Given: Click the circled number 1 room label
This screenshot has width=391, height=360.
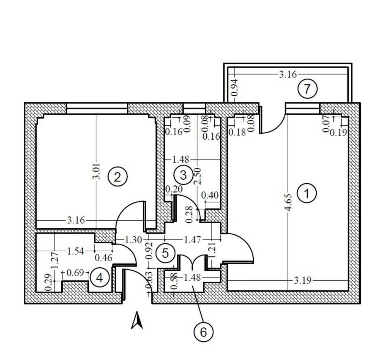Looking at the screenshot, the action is point(307,193).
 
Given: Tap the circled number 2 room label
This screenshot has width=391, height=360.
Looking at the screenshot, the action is point(117,177).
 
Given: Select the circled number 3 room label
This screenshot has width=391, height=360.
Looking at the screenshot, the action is point(183,175).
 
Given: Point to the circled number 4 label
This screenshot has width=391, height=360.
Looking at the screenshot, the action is point(100,278).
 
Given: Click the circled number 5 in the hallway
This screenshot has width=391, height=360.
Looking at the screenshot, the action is point(165,253).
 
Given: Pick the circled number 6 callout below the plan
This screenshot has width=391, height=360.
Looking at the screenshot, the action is point(203,332).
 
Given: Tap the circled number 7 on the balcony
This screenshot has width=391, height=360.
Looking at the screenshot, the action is point(307,89).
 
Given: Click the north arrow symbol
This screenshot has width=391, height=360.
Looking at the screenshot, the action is point(137,320).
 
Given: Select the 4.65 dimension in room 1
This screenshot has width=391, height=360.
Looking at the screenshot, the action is point(289,202).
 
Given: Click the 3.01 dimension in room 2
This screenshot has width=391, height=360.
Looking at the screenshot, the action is point(96,171).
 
